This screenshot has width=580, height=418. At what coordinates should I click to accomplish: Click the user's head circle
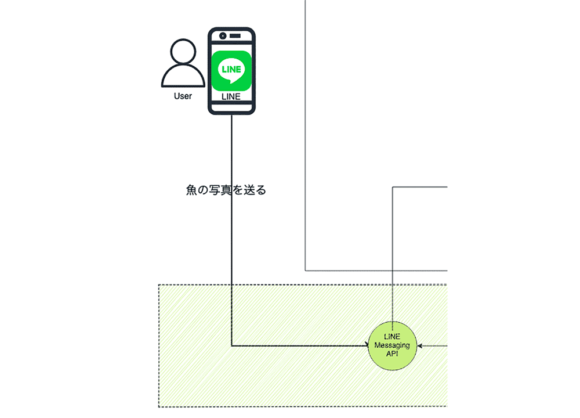tap(183, 52)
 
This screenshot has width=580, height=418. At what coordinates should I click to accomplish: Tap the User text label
tap(183, 96)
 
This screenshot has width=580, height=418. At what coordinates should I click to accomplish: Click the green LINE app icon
tap(231, 71)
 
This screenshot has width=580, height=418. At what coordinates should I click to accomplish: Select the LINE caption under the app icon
tap(231, 96)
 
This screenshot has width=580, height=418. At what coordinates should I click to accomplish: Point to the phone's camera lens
tap(223, 36)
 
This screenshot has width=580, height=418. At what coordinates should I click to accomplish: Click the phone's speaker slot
tap(235, 36)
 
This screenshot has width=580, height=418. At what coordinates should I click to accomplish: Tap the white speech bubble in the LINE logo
tap(231, 70)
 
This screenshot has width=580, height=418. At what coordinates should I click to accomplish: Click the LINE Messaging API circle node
tap(393, 346)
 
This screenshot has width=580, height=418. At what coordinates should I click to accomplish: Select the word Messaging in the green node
tap(392, 345)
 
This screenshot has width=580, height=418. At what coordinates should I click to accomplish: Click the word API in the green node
tap(392, 354)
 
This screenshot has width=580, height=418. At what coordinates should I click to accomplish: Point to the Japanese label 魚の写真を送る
tap(226, 190)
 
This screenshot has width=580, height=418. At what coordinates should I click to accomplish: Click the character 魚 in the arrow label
tap(191, 190)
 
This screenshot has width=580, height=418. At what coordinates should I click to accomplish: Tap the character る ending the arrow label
tap(261, 190)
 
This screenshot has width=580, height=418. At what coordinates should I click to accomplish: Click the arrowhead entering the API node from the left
tap(367, 346)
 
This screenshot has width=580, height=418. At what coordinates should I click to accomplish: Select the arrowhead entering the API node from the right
tap(419, 346)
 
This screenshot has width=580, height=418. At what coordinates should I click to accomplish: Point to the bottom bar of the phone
tap(231, 108)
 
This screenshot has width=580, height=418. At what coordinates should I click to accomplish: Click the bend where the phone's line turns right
tap(231, 346)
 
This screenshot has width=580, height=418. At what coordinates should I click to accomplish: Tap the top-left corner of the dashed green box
tap(159, 284)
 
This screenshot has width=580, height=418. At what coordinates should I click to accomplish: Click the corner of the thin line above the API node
tap(393, 187)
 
